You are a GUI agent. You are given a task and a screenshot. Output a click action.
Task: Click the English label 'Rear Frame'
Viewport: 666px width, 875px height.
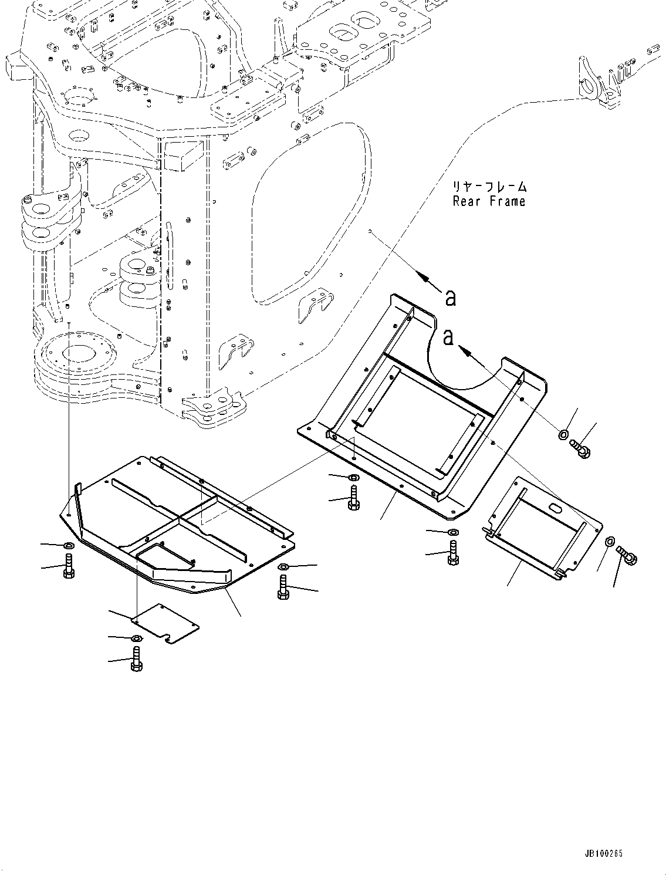(x=489, y=202)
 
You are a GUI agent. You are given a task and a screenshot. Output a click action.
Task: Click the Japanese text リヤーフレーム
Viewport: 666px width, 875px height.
(x=489, y=188)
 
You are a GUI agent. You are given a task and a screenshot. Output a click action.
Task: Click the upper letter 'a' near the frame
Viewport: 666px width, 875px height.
(x=450, y=298)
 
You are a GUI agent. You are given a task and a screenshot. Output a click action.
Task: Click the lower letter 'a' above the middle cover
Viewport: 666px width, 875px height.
(x=449, y=337)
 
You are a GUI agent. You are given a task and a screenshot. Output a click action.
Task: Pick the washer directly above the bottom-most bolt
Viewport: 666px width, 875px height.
(x=136, y=638)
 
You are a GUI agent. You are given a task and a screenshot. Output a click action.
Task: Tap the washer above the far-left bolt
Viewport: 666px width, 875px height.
(x=68, y=547)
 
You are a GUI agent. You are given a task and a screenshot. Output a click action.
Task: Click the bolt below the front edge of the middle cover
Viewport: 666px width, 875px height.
(x=353, y=498)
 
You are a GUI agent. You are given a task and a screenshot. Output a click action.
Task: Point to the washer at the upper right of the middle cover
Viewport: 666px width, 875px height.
(x=562, y=435)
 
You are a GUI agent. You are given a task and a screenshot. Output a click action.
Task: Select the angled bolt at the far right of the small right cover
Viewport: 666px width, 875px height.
(x=627, y=555)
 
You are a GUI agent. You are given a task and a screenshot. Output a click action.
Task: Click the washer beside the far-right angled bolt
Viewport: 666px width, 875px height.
(x=610, y=540)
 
